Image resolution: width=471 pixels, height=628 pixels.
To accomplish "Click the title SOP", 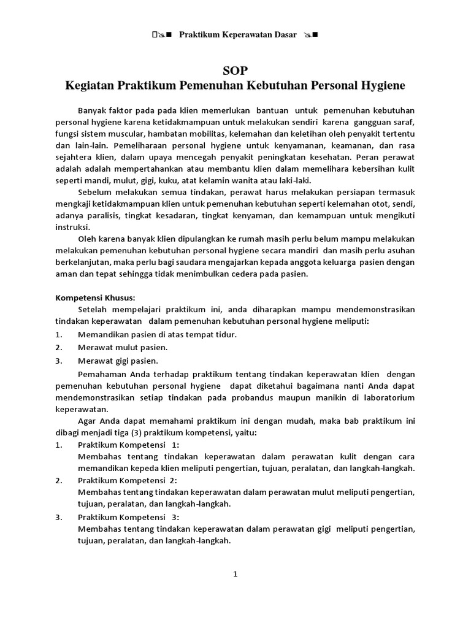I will coord(235,70).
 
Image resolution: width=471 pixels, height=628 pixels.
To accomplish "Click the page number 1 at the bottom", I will coord(235,574).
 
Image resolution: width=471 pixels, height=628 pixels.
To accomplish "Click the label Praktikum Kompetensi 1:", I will coord(129,445).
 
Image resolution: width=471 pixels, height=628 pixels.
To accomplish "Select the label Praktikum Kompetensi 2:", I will coord(129,480).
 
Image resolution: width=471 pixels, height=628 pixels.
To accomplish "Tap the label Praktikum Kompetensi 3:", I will coord(129,517).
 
